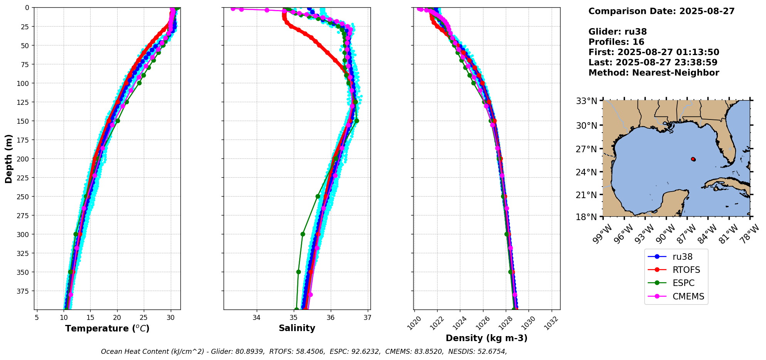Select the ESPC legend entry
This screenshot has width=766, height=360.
click(x=683, y=283)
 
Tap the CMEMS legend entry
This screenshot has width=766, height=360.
click(x=688, y=296)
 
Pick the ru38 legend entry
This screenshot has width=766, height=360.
click(x=682, y=257)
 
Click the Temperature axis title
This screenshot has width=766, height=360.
click(x=107, y=329)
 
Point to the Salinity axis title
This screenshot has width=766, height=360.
click(x=297, y=328)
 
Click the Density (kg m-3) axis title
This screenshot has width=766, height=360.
click(x=487, y=338)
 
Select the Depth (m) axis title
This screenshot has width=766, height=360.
click(x=9, y=158)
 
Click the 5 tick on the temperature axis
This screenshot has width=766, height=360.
click(x=37, y=318)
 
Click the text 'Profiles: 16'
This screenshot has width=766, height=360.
click(x=616, y=42)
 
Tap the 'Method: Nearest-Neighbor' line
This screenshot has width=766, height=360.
click(x=653, y=73)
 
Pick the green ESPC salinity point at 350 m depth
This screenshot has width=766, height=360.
click(x=298, y=272)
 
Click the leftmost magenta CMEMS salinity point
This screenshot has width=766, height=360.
click(x=232, y=9)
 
